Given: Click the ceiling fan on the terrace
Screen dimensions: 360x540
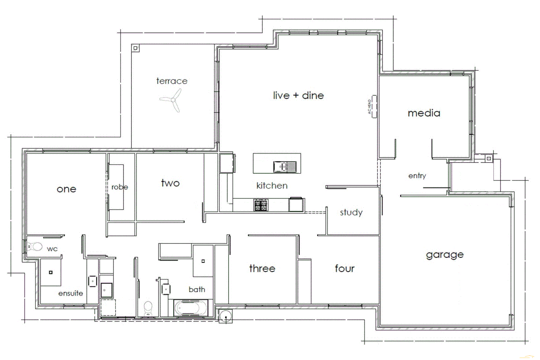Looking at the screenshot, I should [x=172, y=100].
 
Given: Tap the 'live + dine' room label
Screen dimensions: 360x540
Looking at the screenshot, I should [x=298, y=96].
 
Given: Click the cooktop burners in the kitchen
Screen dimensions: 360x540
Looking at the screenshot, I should [x=261, y=205].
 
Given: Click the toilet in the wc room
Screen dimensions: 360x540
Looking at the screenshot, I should [x=35, y=247].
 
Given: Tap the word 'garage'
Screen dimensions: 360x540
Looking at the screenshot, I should [x=445, y=255].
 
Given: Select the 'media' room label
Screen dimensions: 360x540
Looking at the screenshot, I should [x=424, y=113].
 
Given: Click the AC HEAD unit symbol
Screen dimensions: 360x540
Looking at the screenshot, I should [x=374, y=106].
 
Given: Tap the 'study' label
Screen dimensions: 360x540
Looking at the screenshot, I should [x=351, y=213].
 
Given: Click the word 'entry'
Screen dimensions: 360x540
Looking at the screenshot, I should [x=417, y=176].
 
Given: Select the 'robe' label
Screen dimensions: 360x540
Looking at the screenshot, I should [x=120, y=187].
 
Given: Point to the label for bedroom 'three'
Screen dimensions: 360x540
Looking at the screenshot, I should [x=262, y=268].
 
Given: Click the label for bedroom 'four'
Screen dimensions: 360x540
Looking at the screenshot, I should [x=344, y=268].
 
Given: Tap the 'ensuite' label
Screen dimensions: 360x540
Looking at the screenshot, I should [x=70, y=293].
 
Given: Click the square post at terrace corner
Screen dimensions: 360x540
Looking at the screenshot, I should [x=135, y=48].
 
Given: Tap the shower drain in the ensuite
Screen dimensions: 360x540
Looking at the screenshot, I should [x=51, y=272].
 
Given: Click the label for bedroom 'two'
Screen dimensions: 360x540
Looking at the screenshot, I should [x=170, y=183].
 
